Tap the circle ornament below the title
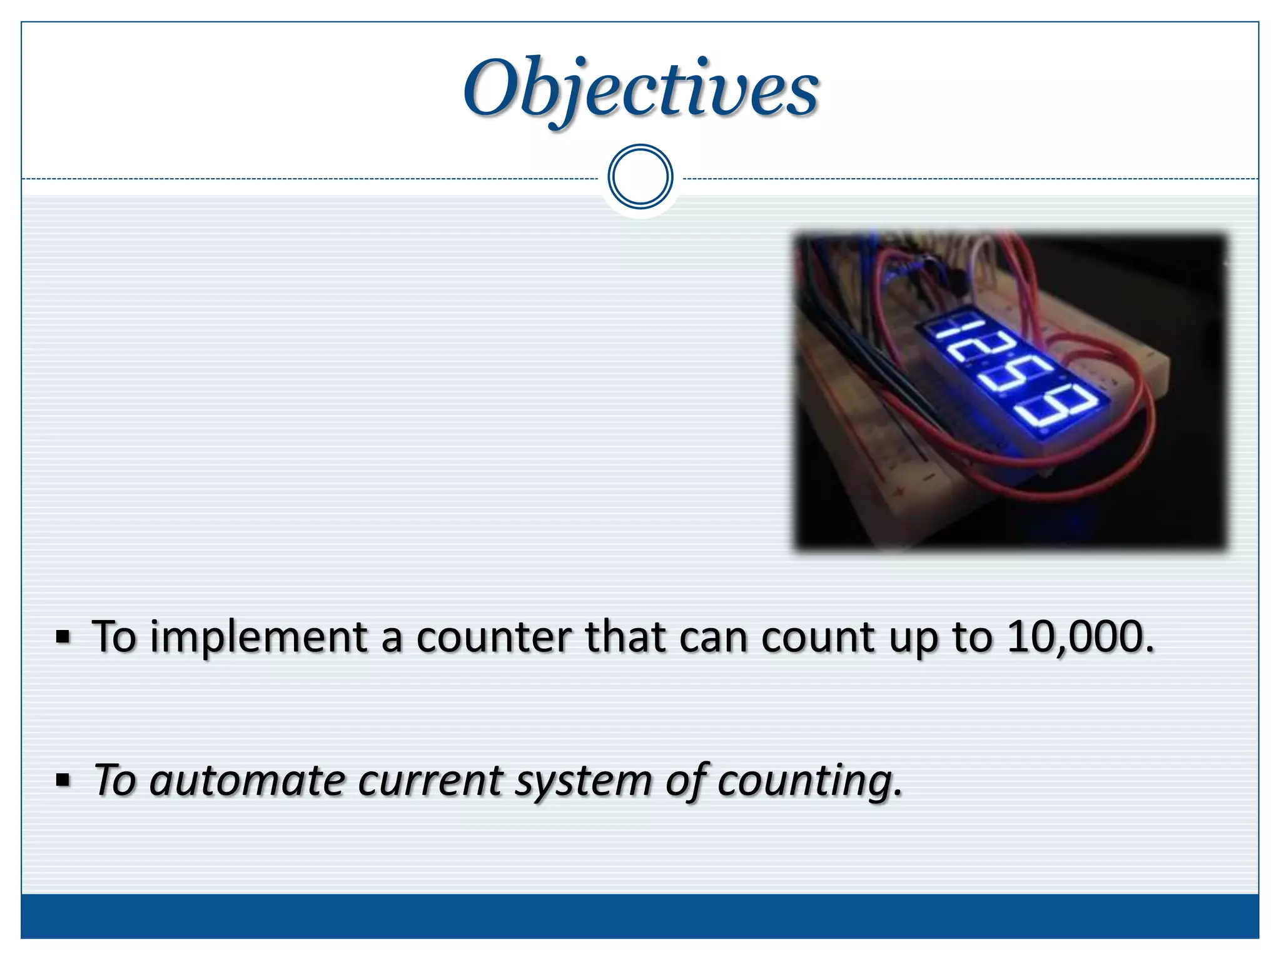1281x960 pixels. point(640,177)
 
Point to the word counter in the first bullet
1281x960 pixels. point(494,637)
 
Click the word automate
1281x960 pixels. point(248,781)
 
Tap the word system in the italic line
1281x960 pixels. point(584,782)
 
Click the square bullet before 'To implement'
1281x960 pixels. point(63,637)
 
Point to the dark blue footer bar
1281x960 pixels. point(640,916)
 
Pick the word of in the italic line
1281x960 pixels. point(685,781)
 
